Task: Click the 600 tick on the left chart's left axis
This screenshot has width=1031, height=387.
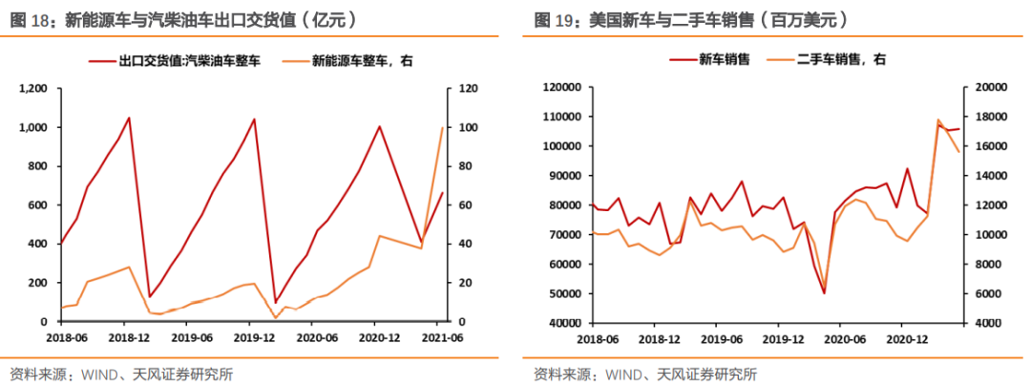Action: point(39,205)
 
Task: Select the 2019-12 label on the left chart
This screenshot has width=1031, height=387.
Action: point(249,337)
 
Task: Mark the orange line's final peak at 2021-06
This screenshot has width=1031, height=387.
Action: point(442,127)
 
